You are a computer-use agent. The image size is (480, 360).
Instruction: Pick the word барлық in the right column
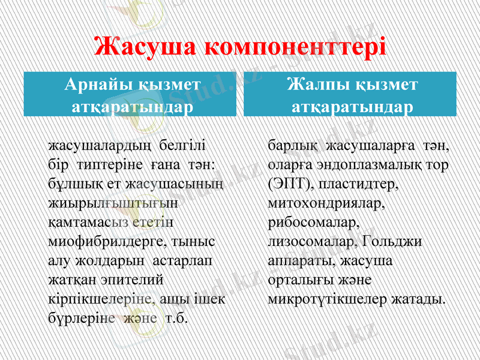click(292, 146)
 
